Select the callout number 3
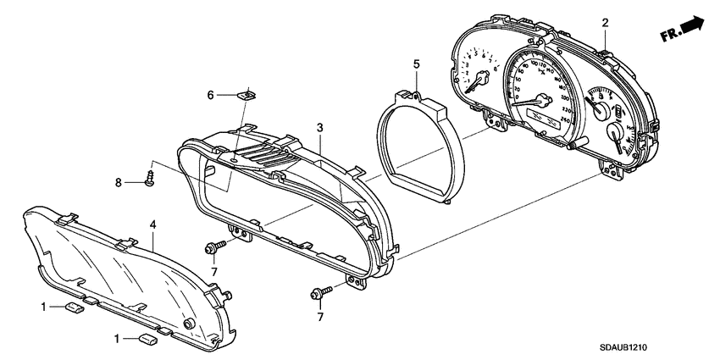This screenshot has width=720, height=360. point(320,127)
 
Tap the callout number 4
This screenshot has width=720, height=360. point(152,224)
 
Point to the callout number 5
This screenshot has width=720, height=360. point(416,64)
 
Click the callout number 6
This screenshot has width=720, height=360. point(211,96)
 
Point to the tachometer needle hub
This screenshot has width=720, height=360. point(482,80)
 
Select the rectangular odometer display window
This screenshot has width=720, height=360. point(542,114)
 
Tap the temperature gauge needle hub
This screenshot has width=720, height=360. point(613,130)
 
